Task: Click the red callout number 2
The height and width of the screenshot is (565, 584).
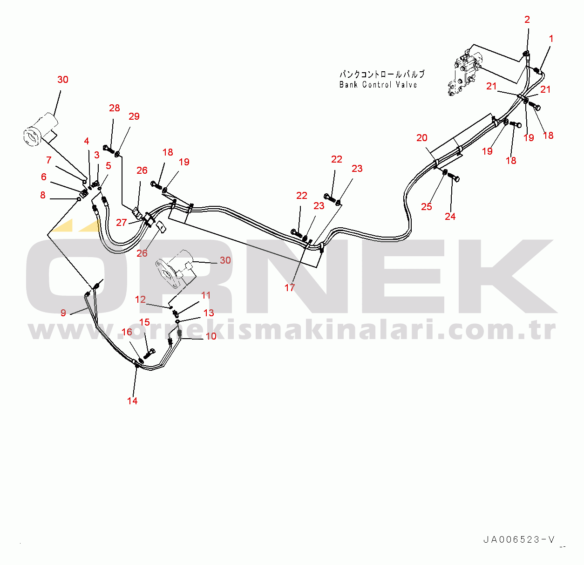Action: pos(527,20)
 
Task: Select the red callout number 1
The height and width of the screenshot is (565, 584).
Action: pos(551,39)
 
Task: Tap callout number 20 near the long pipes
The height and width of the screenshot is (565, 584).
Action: pos(422,138)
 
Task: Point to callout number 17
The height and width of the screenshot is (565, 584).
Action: pos(290,288)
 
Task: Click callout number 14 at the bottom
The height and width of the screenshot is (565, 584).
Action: pos(132,401)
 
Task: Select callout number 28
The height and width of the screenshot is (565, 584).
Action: pos(115,108)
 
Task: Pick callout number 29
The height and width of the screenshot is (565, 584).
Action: pos(134,116)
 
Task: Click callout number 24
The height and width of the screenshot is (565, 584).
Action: pos(450,217)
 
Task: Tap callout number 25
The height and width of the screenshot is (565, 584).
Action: pos(427,207)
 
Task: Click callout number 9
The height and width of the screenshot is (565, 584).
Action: pos(63,313)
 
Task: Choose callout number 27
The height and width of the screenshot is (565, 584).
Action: pos(122,223)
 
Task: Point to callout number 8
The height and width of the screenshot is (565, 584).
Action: pos(43,195)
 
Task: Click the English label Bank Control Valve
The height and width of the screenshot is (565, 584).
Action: pos(378,85)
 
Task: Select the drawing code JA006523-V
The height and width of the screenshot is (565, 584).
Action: pos(519,540)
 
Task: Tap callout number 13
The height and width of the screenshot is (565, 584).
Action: pos(209,313)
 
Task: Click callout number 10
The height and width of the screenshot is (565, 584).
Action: pos(211,336)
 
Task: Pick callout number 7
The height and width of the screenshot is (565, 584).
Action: pos(49,160)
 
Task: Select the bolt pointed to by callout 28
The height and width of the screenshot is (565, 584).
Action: pos(108,149)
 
